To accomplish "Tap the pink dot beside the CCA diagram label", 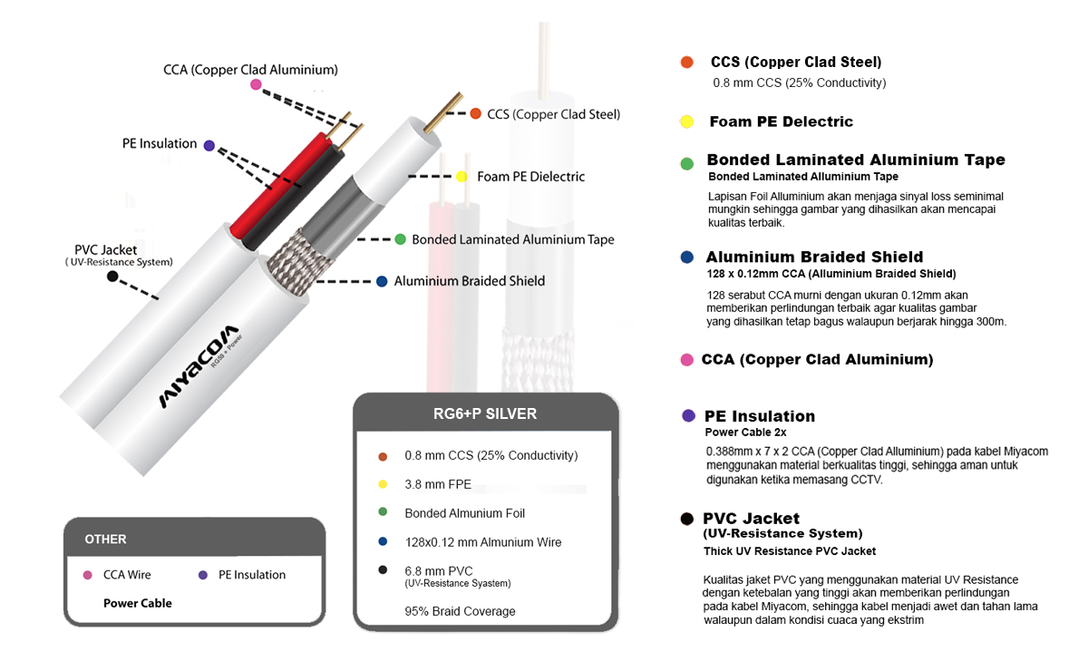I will pos(256,84).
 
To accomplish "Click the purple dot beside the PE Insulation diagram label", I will pos(209,144).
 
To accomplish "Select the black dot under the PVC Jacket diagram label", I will pos(112,276).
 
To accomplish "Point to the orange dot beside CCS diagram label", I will pos(475,113).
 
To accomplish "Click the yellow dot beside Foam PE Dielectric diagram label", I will pos(461,177).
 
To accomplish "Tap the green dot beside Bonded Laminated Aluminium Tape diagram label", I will pos(400,239).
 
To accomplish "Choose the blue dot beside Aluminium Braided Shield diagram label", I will pos(382,281).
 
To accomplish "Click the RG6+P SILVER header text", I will pos(485,414).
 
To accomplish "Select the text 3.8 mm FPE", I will pos(438,484).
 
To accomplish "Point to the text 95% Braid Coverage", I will pos(460,611).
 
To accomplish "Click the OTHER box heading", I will pos(105,540).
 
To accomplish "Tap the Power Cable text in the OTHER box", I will pos(138,603).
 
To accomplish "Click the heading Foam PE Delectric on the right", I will pos(781,122).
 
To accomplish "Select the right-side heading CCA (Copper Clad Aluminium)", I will pos(817,360).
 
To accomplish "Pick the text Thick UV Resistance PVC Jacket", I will pos(790,551).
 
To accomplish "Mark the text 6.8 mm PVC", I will pos(439,570).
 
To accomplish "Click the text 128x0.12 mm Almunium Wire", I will pos(482,542).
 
